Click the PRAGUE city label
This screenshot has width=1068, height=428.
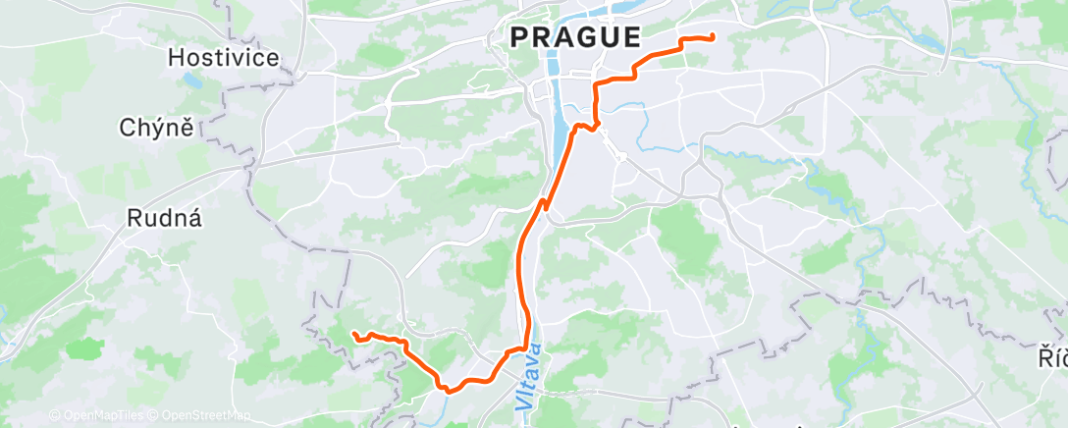tap(574, 38)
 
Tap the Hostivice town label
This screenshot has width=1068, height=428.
tap(224, 58)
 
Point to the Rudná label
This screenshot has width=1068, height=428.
tap(165, 219)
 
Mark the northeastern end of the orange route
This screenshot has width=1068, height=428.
tap(712, 37)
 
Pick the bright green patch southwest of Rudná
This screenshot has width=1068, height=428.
tap(86, 348)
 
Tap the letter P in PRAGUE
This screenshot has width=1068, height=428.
tap(518, 38)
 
